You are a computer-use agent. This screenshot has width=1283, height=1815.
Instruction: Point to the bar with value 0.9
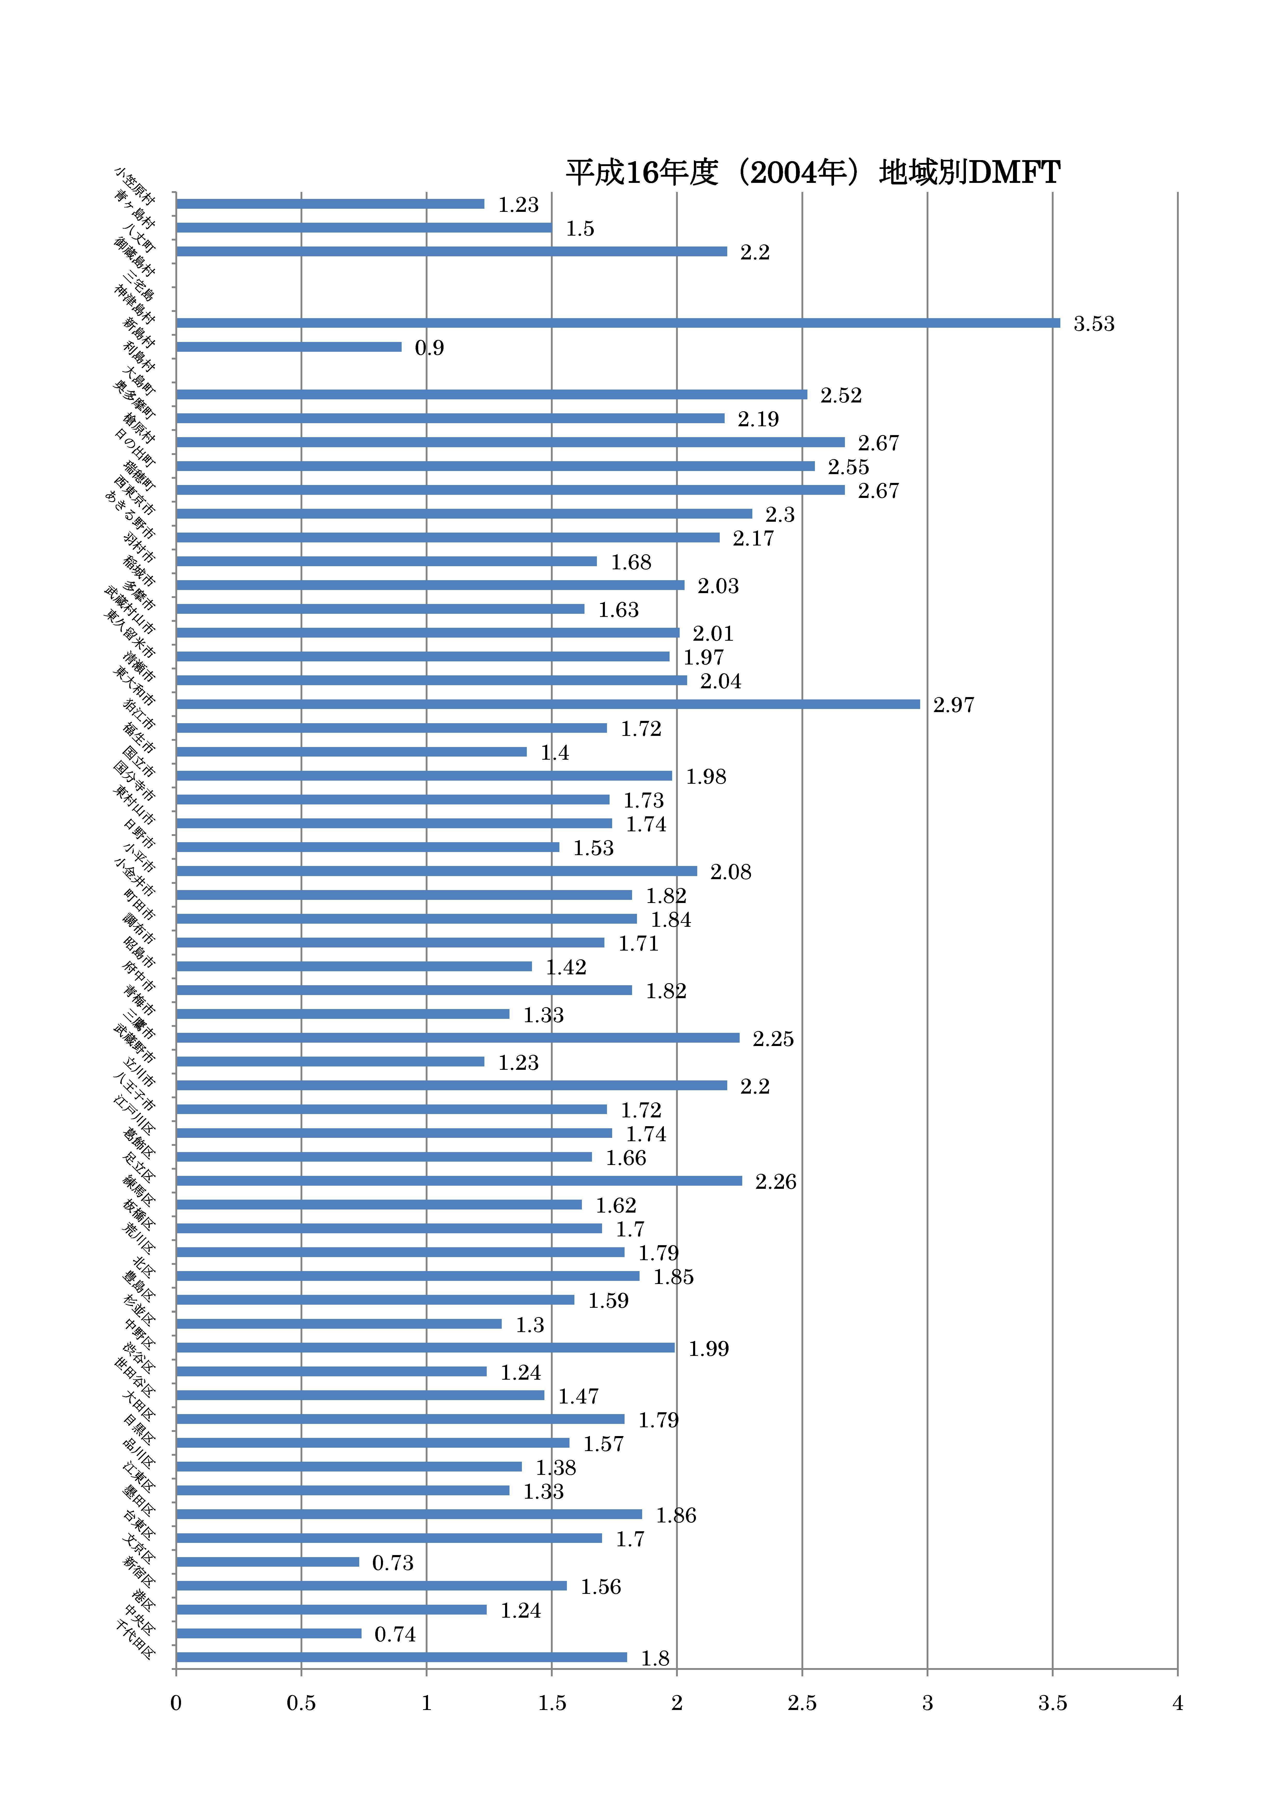289,346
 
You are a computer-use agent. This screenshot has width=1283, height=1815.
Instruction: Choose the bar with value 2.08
436,870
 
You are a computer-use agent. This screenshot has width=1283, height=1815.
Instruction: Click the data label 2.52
840,395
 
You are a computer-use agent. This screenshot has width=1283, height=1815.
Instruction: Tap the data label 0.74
394,1634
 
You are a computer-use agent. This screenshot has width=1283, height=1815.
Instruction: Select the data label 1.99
708,1348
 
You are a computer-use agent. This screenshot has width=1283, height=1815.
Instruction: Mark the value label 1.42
566,967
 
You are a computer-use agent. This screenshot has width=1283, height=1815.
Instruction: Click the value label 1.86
676,1515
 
